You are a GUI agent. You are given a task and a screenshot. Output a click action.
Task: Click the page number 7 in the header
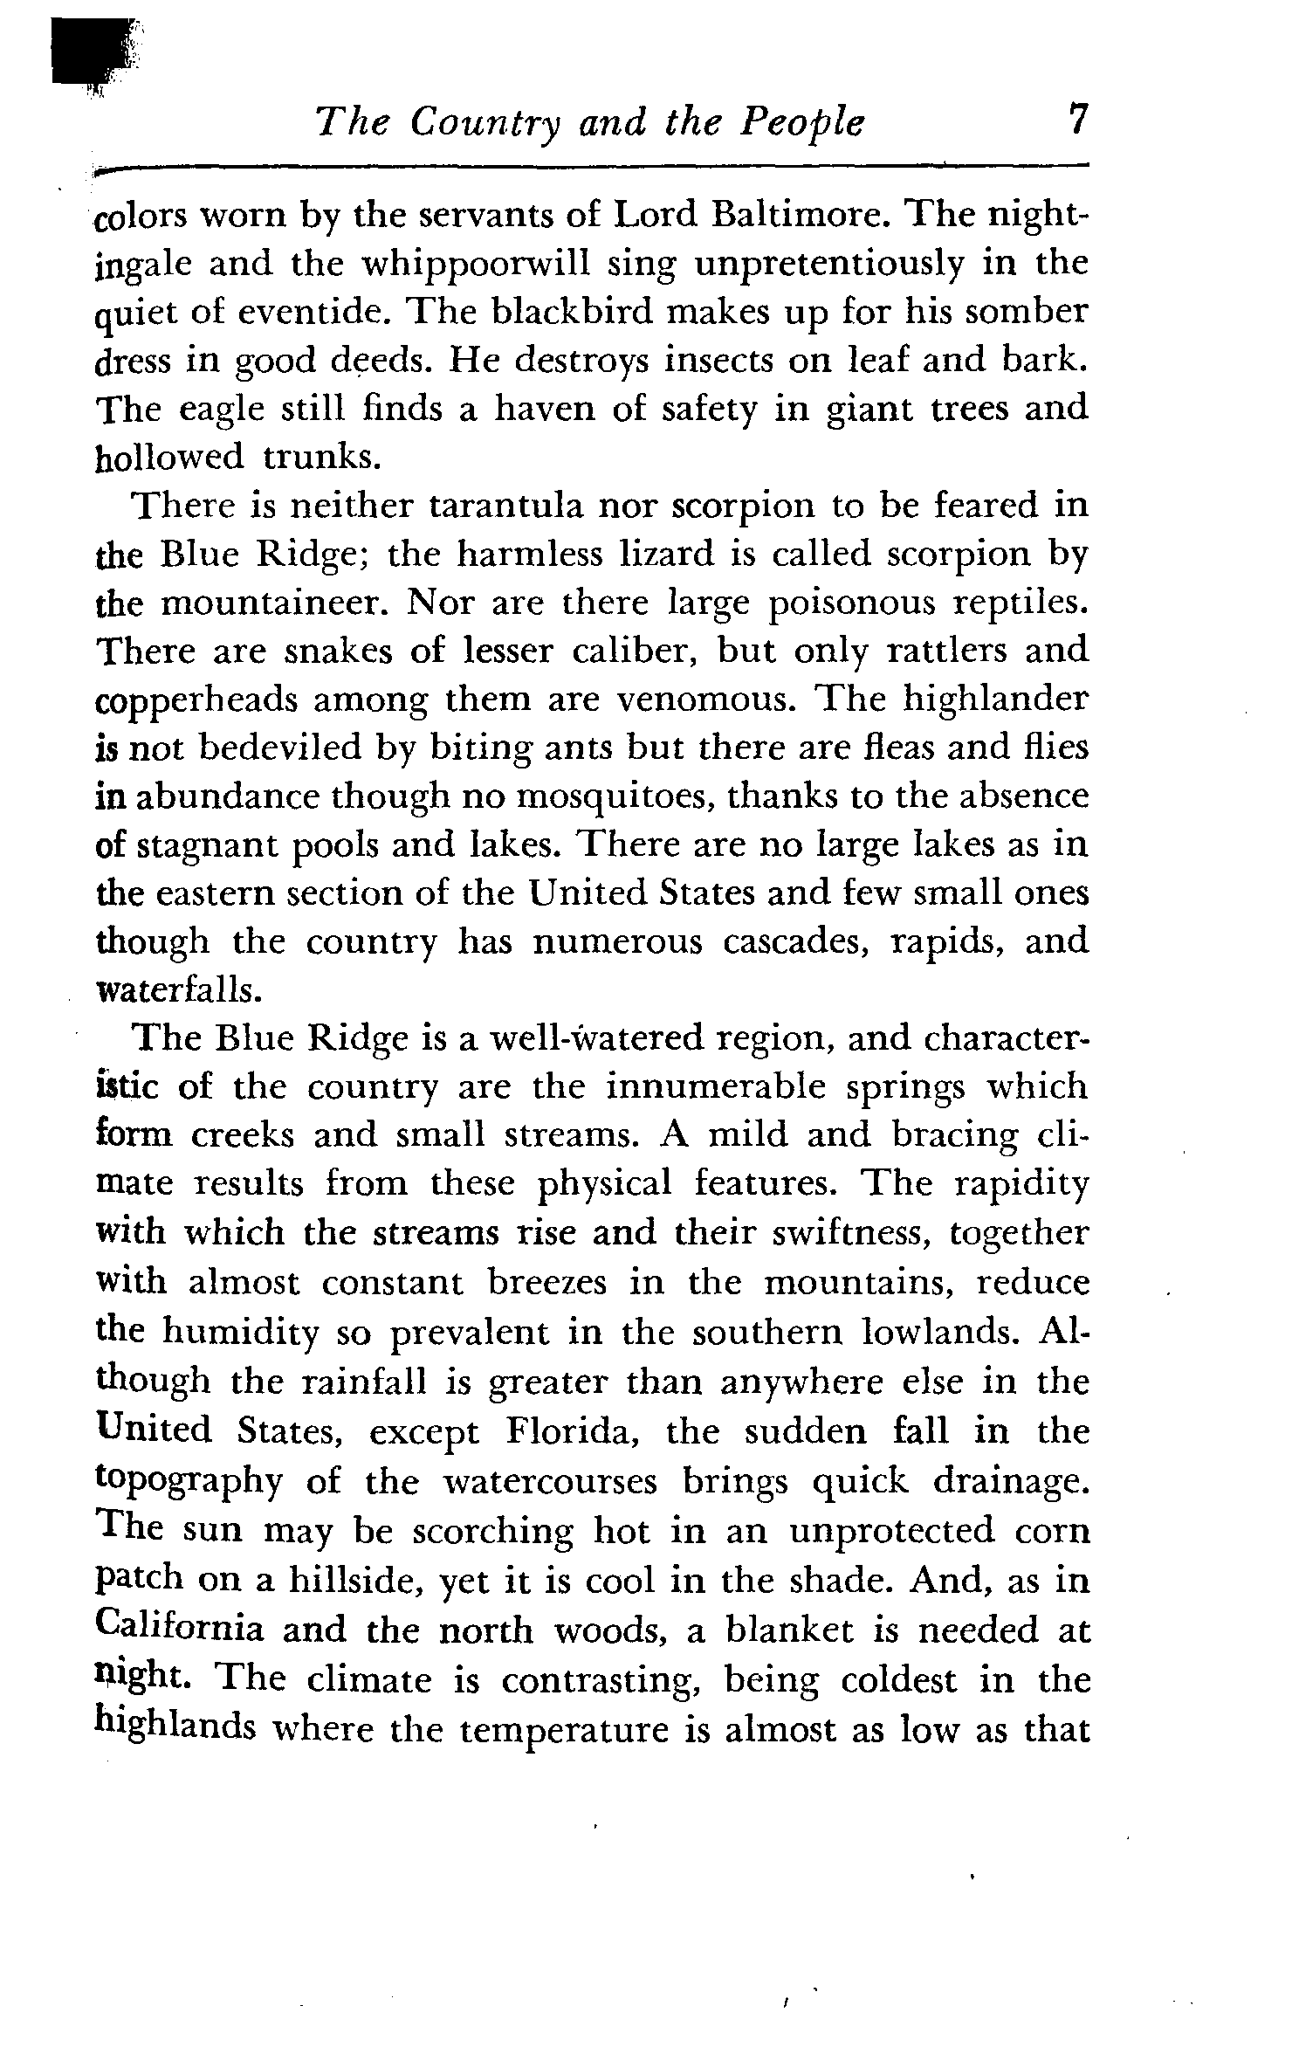pos(1079,120)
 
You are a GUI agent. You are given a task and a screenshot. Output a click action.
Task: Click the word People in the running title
pos(801,123)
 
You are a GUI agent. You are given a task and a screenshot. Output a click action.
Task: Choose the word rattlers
pos(944,651)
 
